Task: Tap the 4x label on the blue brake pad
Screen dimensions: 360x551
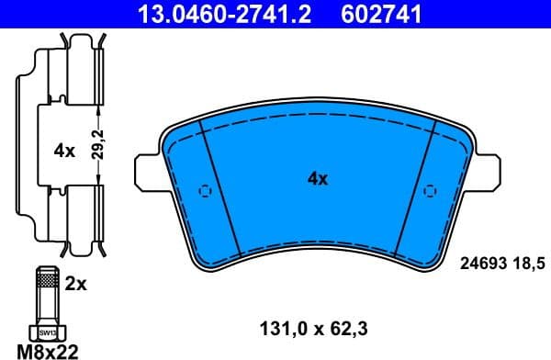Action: (x=317, y=179)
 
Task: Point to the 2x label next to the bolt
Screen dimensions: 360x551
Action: (x=77, y=285)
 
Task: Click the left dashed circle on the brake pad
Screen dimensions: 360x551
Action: (x=205, y=192)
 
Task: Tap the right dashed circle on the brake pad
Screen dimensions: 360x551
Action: (x=429, y=192)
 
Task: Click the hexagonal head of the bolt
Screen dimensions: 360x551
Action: (x=45, y=330)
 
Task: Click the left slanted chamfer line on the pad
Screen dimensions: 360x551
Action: (x=215, y=188)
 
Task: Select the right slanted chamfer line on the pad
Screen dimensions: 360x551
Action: (x=418, y=188)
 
